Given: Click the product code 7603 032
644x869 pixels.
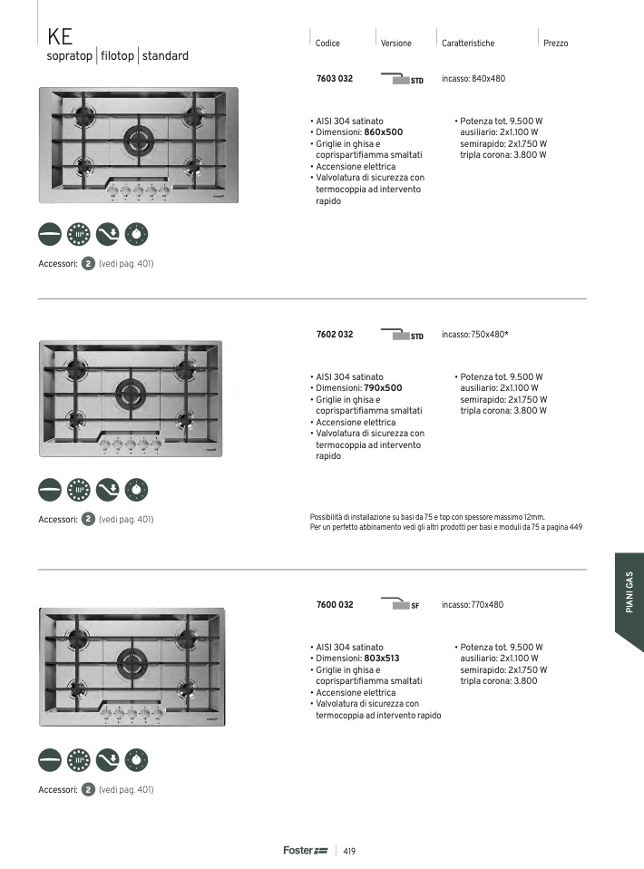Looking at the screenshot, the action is click(334, 79).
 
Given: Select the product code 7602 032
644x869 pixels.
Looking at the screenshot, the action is click(334, 335).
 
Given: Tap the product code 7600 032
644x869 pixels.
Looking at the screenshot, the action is click(334, 605).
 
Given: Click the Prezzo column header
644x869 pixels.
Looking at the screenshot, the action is click(555, 44).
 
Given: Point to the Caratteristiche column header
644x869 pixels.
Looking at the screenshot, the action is click(468, 44).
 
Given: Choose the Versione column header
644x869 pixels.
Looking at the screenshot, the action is click(395, 44).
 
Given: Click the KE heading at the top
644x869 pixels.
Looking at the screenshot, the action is click(60, 37).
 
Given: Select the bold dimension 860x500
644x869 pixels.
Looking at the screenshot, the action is click(383, 132).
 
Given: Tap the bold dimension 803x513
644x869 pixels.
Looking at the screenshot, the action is click(381, 659).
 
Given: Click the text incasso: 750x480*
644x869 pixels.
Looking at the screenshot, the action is click(475, 335).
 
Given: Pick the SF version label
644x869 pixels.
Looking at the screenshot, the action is click(415, 606).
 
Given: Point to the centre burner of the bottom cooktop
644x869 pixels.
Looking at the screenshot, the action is click(132, 660).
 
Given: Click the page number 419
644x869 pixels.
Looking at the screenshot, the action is click(349, 851).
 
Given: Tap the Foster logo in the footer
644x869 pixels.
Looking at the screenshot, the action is click(306, 850).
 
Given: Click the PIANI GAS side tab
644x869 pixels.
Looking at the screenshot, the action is click(629, 592).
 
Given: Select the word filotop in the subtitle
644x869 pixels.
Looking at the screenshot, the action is click(118, 56).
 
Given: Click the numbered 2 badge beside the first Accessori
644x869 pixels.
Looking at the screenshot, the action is click(88, 264).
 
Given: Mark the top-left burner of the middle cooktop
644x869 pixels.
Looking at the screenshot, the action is click(76, 369).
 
